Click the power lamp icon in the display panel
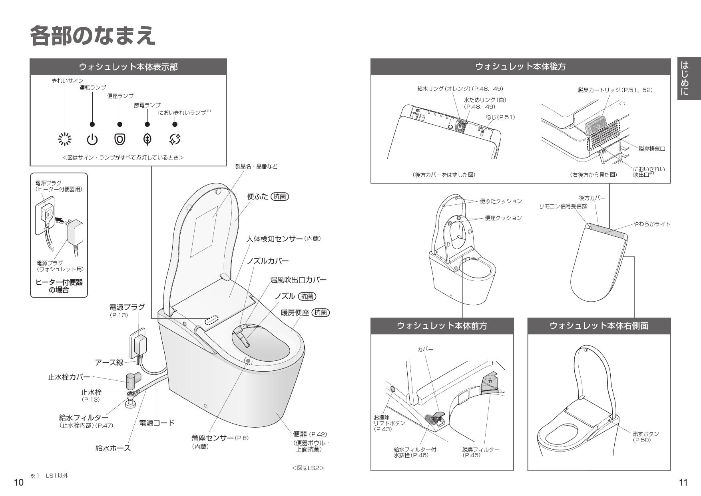[x=92, y=140]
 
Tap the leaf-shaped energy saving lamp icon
[x=147, y=139]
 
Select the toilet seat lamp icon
[x=119, y=139]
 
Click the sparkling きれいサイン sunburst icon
[x=65, y=139]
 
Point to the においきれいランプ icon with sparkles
[x=175, y=139]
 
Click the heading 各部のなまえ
[x=92, y=36]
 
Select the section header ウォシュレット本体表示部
[x=128, y=67]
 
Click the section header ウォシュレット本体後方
[x=520, y=67]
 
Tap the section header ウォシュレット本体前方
[x=442, y=326]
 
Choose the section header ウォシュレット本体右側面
[x=599, y=326]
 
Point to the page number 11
[x=683, y=482]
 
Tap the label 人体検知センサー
[x=275, y=239]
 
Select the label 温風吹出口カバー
[x=298, y=280]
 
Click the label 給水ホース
[x=113, y=448]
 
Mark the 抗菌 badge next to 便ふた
[x=280, y=196]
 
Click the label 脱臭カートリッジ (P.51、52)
[x=615, y=90]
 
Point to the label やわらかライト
[x=652, y=224]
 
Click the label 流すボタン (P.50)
[x=645, y=437]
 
